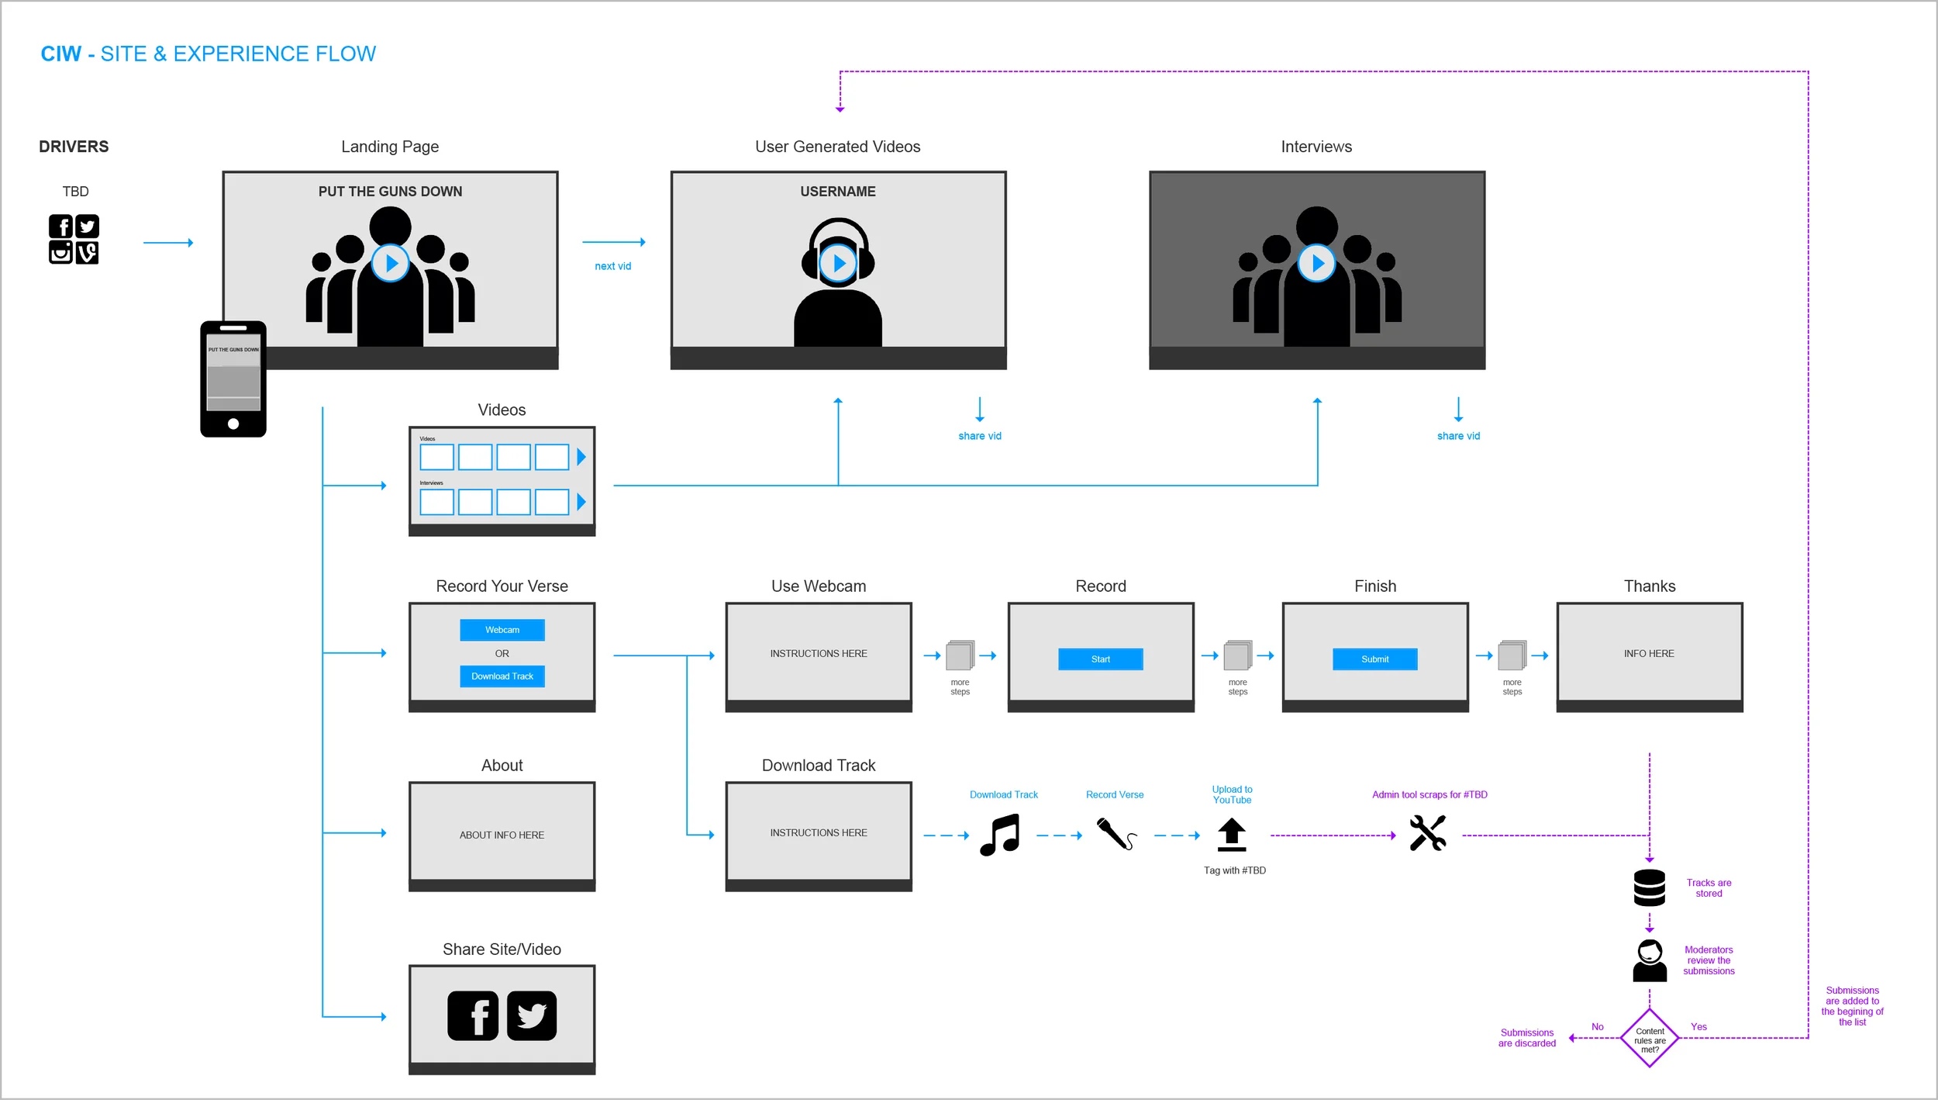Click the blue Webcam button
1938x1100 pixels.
pos(502,630)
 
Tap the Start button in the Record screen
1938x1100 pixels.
pos(1100,659)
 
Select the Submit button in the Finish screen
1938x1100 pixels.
pos(1374,659)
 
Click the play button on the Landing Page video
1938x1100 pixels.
pos(390,264)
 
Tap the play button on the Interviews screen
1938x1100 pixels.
pos(1316,264)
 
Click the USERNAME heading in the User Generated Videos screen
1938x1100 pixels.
pos(837,192)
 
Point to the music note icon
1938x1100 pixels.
pos(999,835)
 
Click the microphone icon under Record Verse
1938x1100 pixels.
pos(1116,834)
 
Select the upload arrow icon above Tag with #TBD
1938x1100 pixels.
pos(1231,835)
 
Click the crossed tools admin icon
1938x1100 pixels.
pos(1427,833)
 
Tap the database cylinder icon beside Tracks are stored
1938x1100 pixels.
pos(1649,887)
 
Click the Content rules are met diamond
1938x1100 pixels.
pos(1649,1039)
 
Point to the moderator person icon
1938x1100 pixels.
pos(1649,960)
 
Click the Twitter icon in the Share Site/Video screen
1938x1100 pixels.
pos(532,1015)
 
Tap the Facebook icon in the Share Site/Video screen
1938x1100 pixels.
pos(473,1015)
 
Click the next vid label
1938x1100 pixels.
pos(612,266)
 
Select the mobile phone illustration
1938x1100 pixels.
pos(233,379)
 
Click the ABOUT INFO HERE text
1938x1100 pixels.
pos(502,835)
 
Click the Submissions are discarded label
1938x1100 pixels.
pos(1526,1038)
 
